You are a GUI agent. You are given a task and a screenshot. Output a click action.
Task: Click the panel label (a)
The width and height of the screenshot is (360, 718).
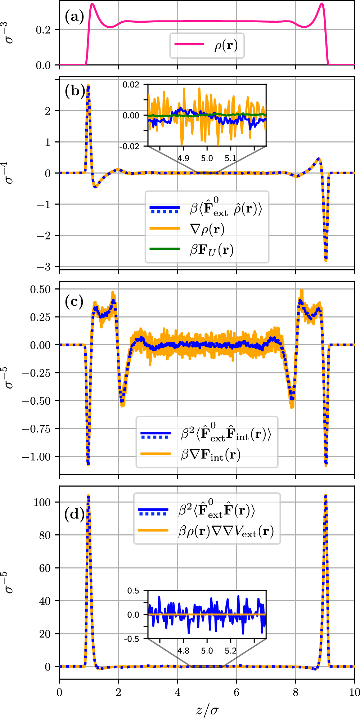pyautogui.click(x=74, y=17)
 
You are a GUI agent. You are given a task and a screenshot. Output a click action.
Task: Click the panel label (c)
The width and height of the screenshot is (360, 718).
pyautogui.click(x=74, y=301)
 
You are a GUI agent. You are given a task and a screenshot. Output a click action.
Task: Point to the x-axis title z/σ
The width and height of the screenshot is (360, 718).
pyautogui.click(x=207, y=710)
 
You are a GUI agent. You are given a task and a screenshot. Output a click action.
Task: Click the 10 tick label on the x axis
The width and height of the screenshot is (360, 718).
pyautogui.click(x=354, y=692)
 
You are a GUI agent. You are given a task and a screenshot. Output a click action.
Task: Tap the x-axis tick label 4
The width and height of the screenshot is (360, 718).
pyautogui.click(x=177, y=692)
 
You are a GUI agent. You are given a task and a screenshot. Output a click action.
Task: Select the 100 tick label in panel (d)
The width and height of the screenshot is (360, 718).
pyautogui.click(x=42, y=502)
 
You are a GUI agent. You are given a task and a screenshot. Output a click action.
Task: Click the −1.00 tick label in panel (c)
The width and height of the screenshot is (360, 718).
pyautogui.click(x=36, y=457)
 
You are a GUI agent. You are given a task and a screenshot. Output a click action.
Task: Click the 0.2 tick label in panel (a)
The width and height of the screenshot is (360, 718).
pyautogui.click(x=43, y=30)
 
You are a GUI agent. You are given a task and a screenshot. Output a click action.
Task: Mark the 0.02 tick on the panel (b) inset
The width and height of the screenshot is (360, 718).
pyautogui.click(x=131, y=85)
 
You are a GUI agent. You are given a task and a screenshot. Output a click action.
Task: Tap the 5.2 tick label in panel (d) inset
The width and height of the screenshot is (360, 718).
pyautogui.click(x=230, y=651)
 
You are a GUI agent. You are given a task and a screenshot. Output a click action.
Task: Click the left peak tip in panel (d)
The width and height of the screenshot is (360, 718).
pyautogui.click(x=88, y=496)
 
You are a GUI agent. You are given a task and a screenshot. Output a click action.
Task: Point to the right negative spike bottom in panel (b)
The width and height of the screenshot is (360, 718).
pyautogui.click(x=326, y=260)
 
